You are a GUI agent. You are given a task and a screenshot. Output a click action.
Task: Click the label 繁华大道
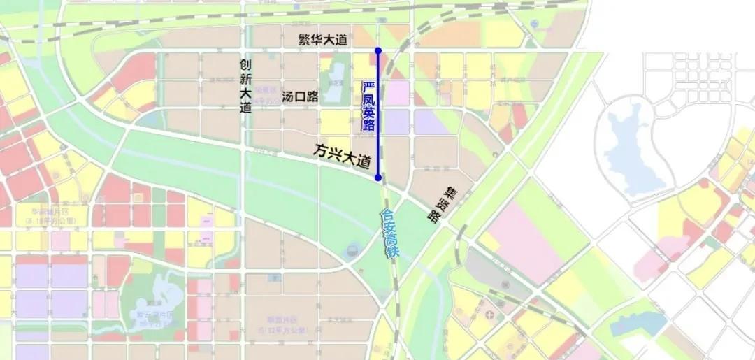[x=322, y=41]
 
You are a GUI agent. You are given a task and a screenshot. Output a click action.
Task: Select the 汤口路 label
[x=300, y=96]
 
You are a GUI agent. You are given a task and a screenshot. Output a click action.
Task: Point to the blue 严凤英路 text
[x=368, y=106]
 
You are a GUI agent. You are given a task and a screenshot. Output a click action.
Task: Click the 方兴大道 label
[x=341, y=155]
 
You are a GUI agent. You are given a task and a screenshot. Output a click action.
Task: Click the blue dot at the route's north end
[x=378, y=50]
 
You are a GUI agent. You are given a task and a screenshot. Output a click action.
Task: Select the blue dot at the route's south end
[x=378, y=178]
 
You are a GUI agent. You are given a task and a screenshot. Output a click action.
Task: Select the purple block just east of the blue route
[x=396, y=122]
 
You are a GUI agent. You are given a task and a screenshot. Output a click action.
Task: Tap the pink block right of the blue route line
[x=396, y=93]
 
